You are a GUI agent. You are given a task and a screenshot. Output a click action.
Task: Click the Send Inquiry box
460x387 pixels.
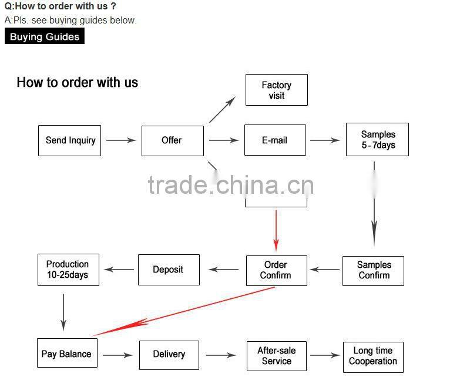coord(69,140)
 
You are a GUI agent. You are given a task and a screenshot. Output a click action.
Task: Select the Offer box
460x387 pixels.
coord(172,140)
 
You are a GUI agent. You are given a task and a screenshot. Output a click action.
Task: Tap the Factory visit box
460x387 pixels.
coord(276,90)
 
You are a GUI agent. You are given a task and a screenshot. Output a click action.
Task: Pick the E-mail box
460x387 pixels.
coord(275,140)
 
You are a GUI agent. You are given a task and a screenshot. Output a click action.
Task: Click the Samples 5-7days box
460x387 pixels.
coord(377,140)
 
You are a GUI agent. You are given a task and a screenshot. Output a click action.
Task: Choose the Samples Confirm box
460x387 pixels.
coord(374,270)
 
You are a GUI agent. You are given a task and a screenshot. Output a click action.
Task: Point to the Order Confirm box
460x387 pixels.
coord(276,270)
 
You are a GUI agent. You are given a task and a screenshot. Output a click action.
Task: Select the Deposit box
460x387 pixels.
coord(169,270)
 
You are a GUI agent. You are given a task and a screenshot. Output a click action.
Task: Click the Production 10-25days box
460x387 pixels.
coord(68,270)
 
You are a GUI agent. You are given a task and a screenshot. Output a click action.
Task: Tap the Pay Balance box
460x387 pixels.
coord(66,354)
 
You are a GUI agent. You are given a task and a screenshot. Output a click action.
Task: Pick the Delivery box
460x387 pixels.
coord(169,355)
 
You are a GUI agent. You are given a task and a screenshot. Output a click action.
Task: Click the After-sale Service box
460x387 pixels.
coord(277,355)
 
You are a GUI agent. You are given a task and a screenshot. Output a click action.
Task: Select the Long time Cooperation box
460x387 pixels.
coord(373,356)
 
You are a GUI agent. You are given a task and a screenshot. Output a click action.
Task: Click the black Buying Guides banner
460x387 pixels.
coord(45,36)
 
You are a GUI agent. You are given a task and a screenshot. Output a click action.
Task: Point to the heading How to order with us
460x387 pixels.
coord(77,82)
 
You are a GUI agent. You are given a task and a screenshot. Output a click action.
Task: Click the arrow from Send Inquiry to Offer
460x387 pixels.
coord(121,140)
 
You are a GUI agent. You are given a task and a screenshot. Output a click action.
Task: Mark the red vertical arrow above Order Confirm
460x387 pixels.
coord(276,230)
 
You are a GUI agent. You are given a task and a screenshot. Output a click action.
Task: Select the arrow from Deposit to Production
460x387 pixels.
coord(119,270)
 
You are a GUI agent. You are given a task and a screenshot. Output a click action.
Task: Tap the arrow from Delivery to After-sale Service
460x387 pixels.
coord(221,355)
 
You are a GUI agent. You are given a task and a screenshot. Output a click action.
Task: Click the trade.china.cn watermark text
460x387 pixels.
coord(230,185)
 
